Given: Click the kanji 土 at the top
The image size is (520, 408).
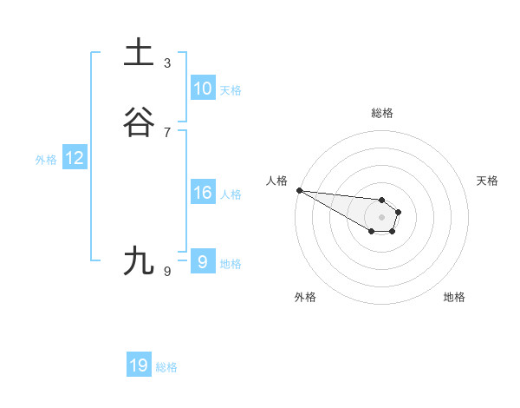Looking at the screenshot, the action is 140,53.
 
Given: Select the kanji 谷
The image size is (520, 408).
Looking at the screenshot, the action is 140,122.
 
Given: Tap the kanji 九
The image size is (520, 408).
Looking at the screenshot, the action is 140,260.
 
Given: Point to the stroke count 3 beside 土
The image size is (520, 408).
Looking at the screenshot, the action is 167,63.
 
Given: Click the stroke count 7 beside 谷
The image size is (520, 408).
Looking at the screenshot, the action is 167,132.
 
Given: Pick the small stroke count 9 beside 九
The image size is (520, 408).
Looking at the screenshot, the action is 167,272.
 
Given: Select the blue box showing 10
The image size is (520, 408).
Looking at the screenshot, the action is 202,89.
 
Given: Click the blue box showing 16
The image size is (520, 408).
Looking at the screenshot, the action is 202,193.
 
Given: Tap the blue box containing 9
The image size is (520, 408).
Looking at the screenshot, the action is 202,261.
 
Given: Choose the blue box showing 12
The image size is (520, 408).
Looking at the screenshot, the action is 75,158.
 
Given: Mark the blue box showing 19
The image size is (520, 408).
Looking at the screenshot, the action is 139,365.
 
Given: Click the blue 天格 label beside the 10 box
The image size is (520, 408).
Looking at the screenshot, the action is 231,90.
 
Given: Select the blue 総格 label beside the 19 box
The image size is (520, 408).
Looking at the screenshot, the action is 166,367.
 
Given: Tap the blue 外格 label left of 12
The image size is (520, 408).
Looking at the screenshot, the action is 46,160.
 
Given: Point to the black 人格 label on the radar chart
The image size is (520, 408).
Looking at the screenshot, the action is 276,181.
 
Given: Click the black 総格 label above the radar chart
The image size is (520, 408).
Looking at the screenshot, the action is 381,113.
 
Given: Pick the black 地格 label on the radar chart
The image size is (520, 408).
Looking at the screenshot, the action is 454,297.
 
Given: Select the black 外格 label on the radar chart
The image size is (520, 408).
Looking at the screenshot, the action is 305,297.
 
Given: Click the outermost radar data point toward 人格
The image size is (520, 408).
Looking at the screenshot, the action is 299,190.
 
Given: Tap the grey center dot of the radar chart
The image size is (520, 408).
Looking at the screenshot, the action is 381,216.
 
